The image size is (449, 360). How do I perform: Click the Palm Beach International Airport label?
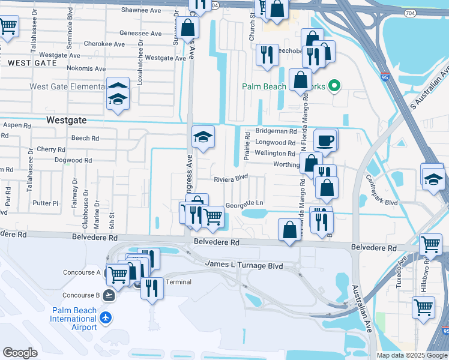74,319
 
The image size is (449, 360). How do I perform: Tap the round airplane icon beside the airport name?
107,316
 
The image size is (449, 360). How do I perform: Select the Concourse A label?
82,272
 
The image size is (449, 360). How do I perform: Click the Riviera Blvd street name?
231,178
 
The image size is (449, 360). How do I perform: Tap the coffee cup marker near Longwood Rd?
325,140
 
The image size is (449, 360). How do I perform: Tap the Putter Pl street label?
46,203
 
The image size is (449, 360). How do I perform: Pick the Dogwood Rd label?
73,160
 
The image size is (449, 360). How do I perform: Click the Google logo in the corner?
20,353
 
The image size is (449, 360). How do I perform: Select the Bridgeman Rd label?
276,131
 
